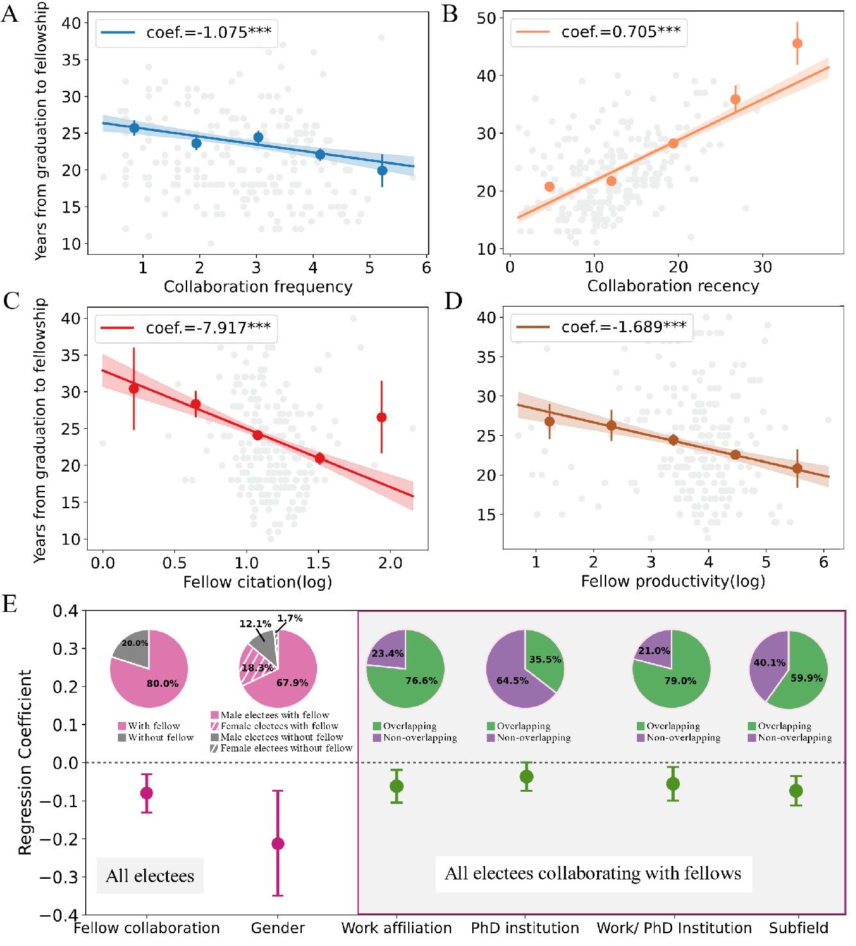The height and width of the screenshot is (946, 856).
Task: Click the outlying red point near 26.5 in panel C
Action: point(381,417)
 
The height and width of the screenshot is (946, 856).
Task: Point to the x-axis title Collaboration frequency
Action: point(258,286)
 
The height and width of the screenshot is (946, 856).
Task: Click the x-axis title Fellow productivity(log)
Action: point(673,581)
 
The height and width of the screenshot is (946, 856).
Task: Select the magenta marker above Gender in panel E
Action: point(277,844)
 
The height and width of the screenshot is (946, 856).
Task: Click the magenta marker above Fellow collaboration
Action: point(147,793)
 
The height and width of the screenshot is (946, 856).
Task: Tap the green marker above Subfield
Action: point(796,790)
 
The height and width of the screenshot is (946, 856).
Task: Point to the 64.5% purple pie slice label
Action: point(513,680)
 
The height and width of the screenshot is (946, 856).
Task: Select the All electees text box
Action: point(150,876)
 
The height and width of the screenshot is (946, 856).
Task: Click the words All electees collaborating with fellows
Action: point(593,872)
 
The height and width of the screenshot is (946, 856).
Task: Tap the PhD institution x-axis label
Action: point(525,927)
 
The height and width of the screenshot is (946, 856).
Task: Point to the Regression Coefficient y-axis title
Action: point(24,762)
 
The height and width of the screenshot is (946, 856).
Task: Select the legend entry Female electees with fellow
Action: point(279,726)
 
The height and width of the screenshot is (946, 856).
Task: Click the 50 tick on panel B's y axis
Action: point(490,18)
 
